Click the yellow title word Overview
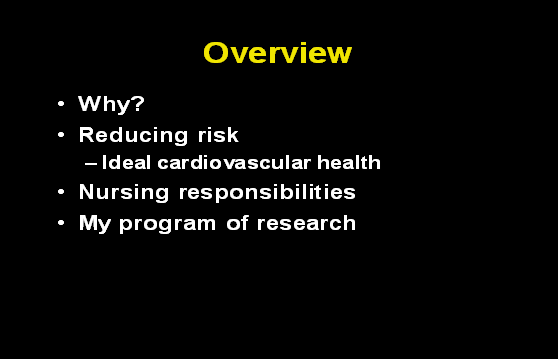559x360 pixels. coord(277,53)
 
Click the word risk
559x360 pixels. coord(217,134)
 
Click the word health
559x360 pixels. coord(349,162)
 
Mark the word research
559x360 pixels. coord(306,222)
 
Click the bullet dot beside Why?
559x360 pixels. coord(62,105)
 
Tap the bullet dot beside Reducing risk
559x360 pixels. coord(62,134)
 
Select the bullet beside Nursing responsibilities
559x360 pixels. coord(62,191)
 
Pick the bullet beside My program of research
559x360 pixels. coord(62,222)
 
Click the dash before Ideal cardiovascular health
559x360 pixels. coord(91,163)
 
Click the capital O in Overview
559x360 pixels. coord(215,53)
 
